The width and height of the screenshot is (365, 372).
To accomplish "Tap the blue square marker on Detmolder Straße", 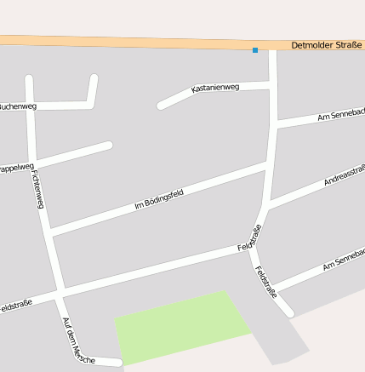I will point(255,50).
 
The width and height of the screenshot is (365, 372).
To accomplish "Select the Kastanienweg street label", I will point(215,88).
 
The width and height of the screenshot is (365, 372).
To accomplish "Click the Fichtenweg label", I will point(37,189).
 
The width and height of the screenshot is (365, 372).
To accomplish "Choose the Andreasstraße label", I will point(345,175).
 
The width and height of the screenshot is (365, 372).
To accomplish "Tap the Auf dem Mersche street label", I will point(78,341).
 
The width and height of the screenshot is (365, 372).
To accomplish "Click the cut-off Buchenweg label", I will point(16,106).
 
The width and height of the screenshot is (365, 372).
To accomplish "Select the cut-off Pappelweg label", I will point(16,167).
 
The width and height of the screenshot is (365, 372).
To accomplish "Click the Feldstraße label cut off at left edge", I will point(15,305).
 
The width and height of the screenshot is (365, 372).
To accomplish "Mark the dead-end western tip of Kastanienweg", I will point(160,106).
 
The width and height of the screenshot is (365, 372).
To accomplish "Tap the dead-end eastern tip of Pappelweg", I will point(109,146).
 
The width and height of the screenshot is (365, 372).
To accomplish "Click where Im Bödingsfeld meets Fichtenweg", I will point(51,232).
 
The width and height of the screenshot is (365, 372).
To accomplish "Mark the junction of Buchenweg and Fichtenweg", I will point(31,106).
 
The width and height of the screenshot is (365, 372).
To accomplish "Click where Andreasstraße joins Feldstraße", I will point(267,207).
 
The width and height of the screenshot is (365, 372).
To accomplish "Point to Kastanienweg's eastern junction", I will point(273,84).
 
